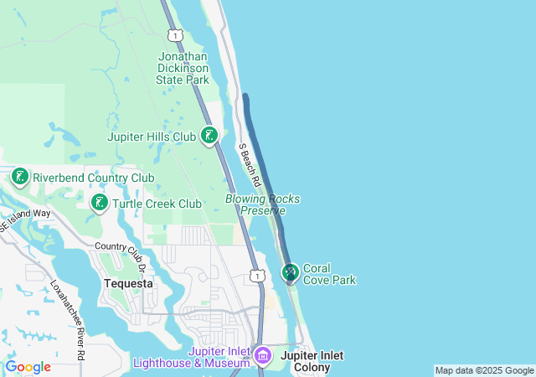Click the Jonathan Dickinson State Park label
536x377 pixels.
coord(182,68)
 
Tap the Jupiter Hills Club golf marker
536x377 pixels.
coord(209,135)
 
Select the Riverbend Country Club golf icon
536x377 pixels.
coord(20,177)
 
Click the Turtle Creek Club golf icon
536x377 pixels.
coord(99,203)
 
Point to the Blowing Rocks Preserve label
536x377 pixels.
coord(262,204)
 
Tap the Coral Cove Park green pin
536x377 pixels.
coord(291,272)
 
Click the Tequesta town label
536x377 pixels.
coord(128,283)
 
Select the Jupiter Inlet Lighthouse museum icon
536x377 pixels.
coord(262,355)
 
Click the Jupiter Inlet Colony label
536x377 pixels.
coord(312,361)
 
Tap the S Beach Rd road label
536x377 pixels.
coord(250,165)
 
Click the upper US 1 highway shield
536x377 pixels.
coord(174,34)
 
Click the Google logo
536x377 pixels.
coord(28,367)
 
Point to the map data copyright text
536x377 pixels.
coord(483,370)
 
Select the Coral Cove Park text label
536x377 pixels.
coord(329,274)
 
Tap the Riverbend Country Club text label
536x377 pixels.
coord(93,178)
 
